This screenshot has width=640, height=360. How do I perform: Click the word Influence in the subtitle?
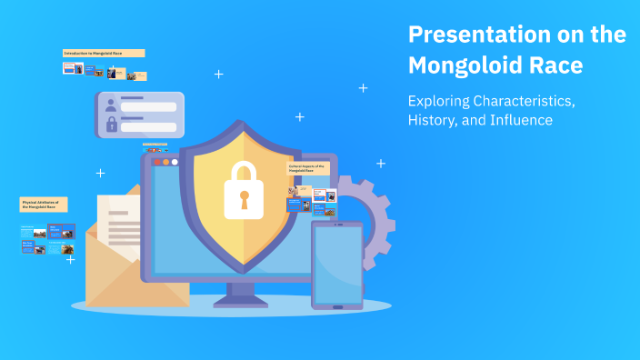click(520, 120)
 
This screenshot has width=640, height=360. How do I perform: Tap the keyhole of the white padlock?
click(243, 197)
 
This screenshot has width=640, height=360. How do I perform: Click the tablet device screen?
click(336, 264)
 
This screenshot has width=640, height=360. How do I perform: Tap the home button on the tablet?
click(337, 307)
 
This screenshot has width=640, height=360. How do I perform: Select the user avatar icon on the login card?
click(111, 104)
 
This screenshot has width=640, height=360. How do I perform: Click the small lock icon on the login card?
click(111, 125)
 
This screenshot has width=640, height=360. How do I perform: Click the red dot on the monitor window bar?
click(155, 162)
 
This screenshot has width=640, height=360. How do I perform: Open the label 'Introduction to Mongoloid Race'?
click(104, 54)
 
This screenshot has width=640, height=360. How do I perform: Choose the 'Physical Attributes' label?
click(44, 205)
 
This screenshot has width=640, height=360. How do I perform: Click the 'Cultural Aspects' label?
click(308, 169)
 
